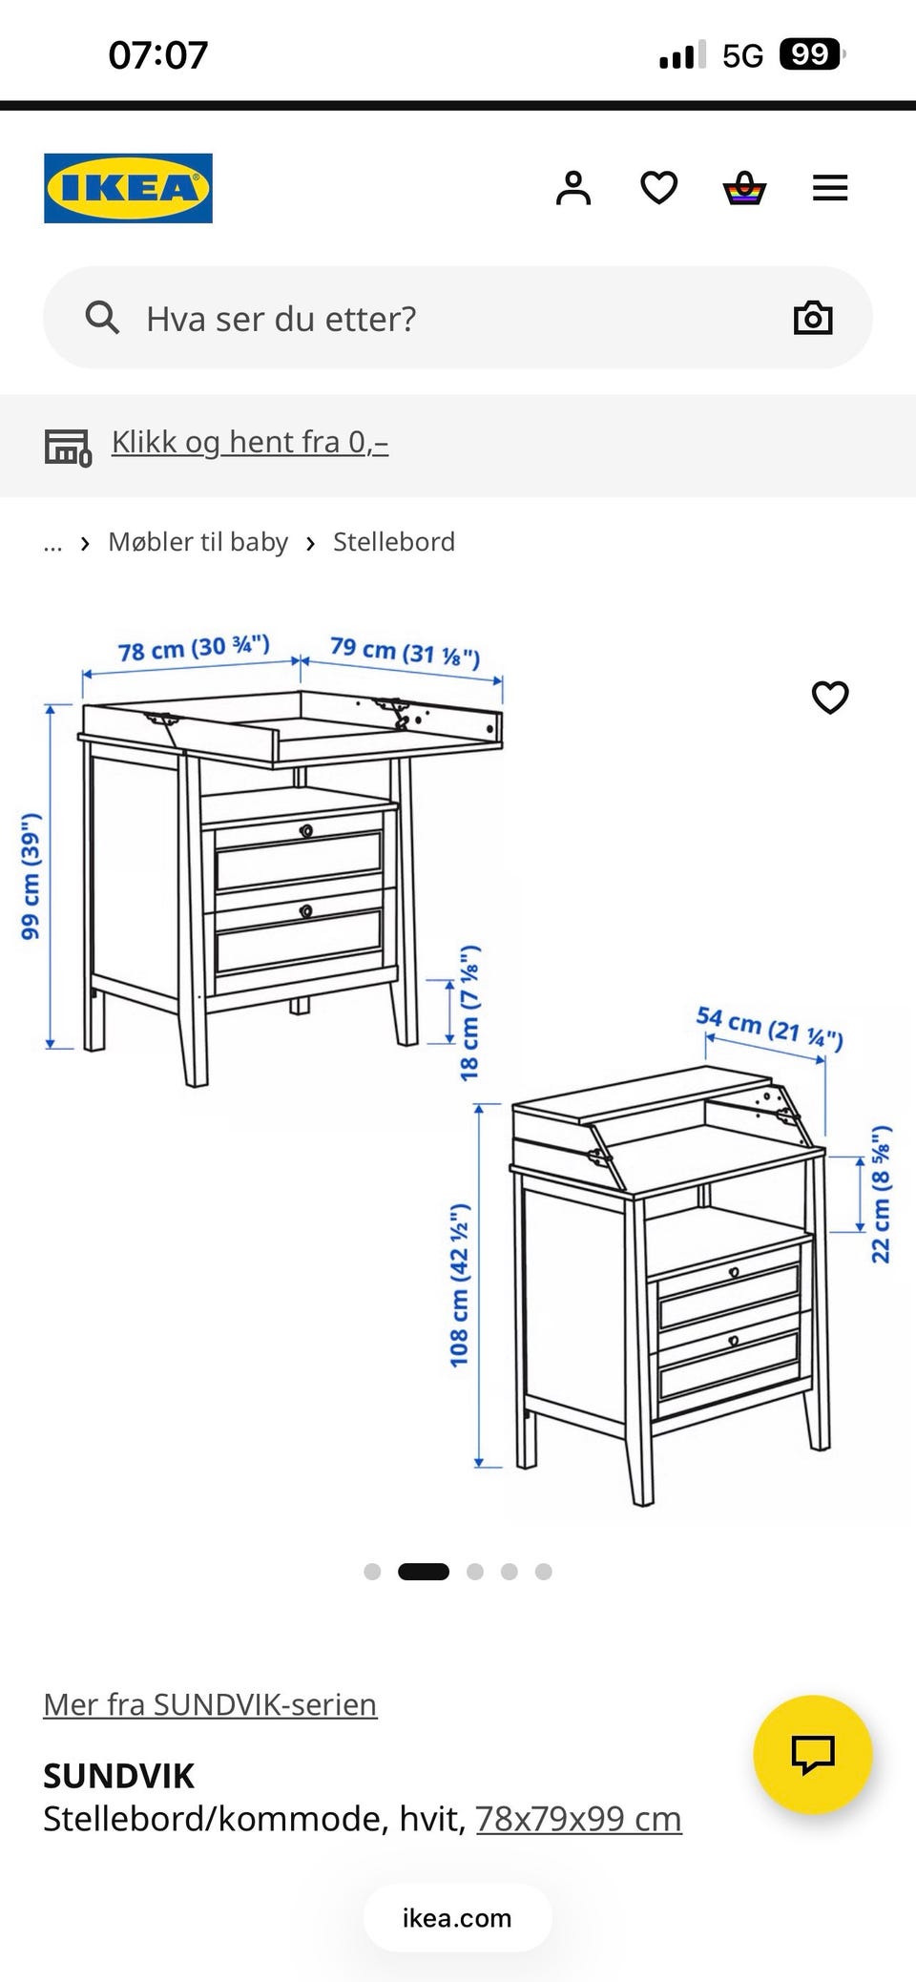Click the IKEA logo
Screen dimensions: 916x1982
tap(128, 188)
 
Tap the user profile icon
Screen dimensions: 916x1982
tap(573, 188)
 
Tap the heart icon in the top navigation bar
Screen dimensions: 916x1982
tap(658, 188)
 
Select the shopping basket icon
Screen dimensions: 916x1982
tap(744, 188)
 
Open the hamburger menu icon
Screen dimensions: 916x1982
tap(830, 188)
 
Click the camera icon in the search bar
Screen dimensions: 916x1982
tap(813, 318)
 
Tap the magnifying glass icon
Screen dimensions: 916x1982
tap(102, 318)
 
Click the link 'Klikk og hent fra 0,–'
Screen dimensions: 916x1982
tap(250, 442)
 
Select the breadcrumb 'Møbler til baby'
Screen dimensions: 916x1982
tap(198, 542)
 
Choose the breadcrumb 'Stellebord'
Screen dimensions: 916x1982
tap(394, 542)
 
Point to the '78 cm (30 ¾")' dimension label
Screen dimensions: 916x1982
tap(194, 648)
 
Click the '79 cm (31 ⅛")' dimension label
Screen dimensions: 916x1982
tap(406, 652)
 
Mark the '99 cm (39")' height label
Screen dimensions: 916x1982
tap(31, 876)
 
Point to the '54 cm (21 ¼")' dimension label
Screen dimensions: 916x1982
tap(770, 1028)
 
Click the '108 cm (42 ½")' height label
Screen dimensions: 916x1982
tap(459, 1284)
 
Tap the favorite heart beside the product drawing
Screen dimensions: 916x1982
tap(830, 698)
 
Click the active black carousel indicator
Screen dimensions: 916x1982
tap(424, 1572)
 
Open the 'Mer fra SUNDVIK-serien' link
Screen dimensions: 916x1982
tap(210, 1703)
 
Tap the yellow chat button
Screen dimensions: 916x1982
tap(813, 1754)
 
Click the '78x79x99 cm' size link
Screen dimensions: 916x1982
tap(579, 1819)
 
